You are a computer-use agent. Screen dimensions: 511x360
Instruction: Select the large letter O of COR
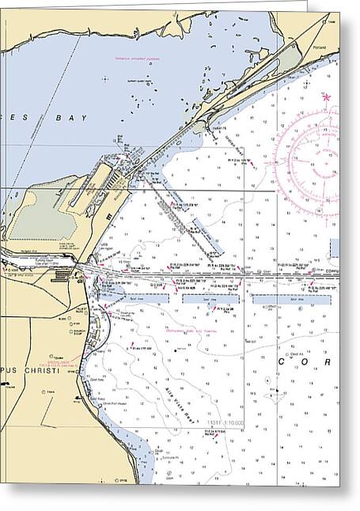(x=305, y=361)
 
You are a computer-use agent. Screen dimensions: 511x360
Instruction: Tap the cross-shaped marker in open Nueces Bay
(x=104, y=77)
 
